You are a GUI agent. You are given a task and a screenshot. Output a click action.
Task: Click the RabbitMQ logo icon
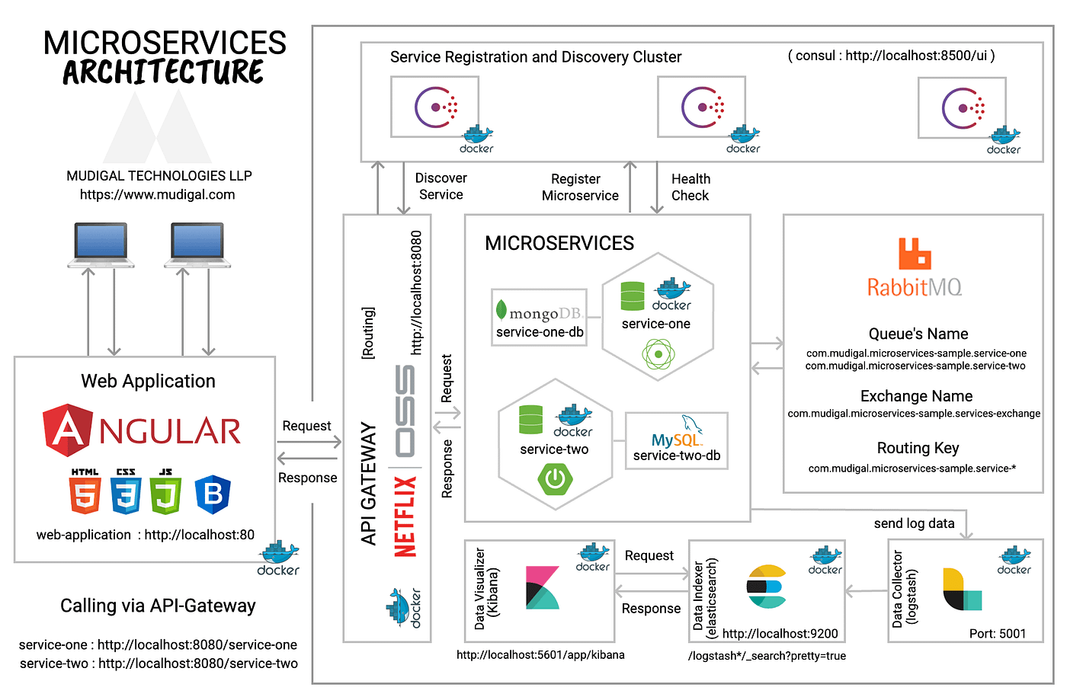click(915, 254)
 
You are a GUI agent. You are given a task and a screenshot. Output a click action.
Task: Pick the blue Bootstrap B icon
click(213, 494)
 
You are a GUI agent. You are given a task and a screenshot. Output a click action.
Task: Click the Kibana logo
click(542, 587)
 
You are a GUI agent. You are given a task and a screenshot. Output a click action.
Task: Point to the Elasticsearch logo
click(766, 587)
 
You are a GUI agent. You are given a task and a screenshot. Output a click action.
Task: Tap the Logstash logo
click(962, 589)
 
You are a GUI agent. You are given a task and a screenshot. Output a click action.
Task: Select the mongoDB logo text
click(539, 312)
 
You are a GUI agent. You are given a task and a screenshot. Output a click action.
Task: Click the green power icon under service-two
click(555, 478)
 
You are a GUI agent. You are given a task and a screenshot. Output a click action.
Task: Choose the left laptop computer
click(101, 245)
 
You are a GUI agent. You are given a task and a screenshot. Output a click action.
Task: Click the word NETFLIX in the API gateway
click(405, 516)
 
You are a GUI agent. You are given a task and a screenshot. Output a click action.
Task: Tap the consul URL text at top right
click(891, 56)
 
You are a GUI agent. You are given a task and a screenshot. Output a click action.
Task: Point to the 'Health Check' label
click(690, 187)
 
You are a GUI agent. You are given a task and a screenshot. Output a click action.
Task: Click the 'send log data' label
click(914, 523)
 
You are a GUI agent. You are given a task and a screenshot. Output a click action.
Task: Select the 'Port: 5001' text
click(997, 634)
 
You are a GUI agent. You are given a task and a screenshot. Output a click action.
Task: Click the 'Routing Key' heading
click(918, 448)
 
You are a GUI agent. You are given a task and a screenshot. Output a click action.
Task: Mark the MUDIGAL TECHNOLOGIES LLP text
click(159, 176)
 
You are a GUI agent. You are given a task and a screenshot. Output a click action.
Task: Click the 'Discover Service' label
click(441, 186)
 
